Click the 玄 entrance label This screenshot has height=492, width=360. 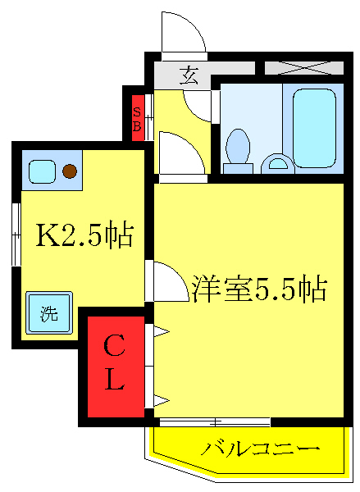point(189,77)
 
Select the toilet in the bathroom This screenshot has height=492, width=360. point(239,149)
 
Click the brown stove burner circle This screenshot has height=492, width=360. point(70,171)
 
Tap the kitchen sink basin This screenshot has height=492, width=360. point(42,171)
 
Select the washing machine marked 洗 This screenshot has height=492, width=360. point(49,312)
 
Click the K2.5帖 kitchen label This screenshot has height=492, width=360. point(83,236)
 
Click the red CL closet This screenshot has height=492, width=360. point(114,366)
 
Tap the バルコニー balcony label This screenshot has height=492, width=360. point(260,449)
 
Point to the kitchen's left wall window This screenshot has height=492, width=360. point(15,235)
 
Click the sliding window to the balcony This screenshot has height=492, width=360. point(215,422)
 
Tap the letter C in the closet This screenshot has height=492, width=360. point(113,348)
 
